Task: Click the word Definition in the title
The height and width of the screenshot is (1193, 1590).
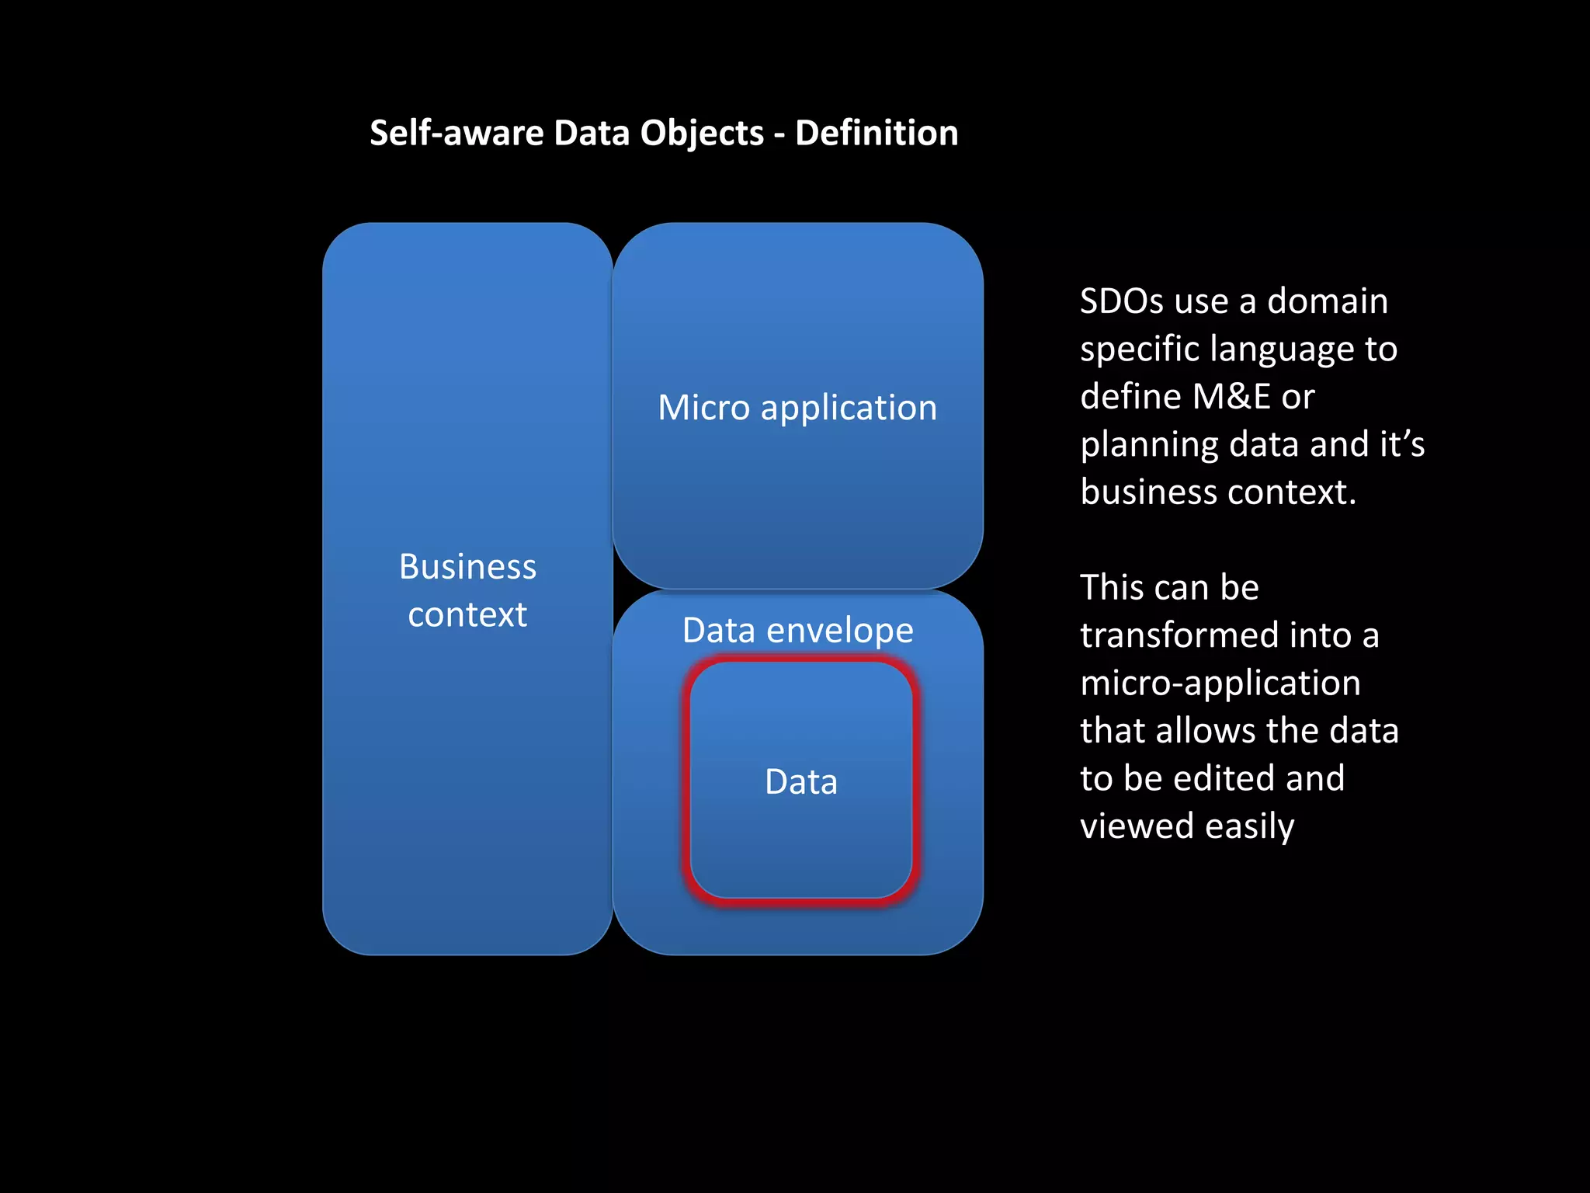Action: [x=877, y=133]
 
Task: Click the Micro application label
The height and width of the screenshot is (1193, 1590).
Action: [x=797, y=408]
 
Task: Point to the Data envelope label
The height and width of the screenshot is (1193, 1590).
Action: [x=797, y=630]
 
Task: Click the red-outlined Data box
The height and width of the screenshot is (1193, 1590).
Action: [x=800, y=781]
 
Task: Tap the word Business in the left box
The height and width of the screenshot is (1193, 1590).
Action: [x=467, y=566]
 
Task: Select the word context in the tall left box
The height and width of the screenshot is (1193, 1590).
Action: [x=467, y=614]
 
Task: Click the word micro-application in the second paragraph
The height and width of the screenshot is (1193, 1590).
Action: [x=1220, y=683]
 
